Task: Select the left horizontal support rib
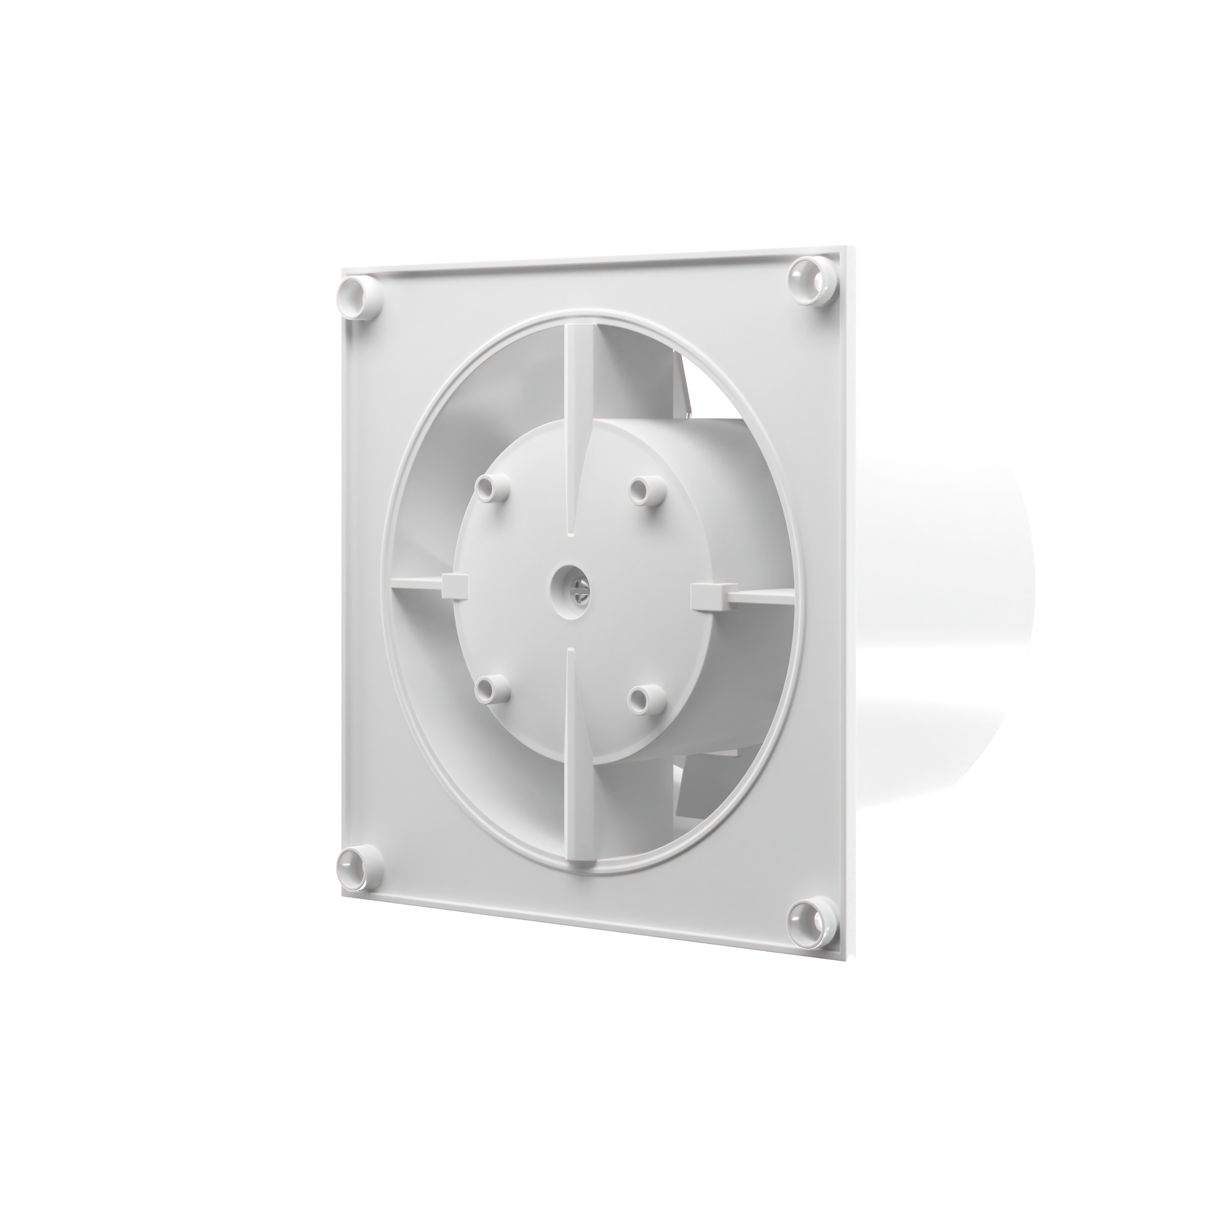click(x=417, y=584)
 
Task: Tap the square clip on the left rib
click(x=454, y=584)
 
